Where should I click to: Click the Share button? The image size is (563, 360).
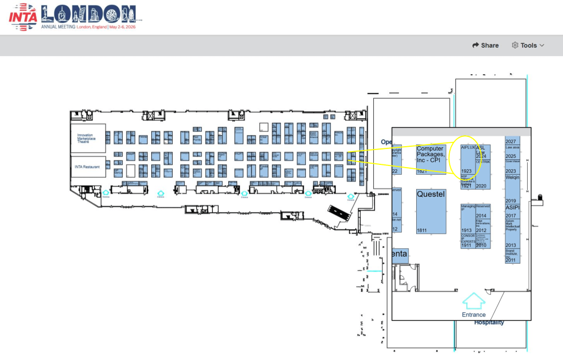pyautogui.click(x=485, y=46)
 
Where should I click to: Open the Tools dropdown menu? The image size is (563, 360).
pyautogui.click(x=528, y=46)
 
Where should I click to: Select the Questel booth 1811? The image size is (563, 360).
pyautogui.click(x=430, y=211)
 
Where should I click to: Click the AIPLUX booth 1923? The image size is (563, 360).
pyautogui.click(x=467, y=160)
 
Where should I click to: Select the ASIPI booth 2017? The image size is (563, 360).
pyautogui.click(x=512, y=212)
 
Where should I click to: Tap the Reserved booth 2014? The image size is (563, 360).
pyautogui.click(x=482, y=211)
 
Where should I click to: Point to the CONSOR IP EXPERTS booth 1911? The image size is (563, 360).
pyautogui.click(x=467, y=241)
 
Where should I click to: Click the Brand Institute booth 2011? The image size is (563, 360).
pyautogui.click(x=512, y=256)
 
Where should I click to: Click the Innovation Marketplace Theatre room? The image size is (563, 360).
pyautogui.click(x=87, y=139)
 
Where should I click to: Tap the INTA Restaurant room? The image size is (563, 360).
pyautogui.click(x=87, y=167)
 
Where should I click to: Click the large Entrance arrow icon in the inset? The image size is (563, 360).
pyautogui.click(x=473, y=301)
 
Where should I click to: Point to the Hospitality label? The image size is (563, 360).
pyautogui.click(x=489, y=323)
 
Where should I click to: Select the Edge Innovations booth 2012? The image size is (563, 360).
pyautogui.click(x=482, y=226)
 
